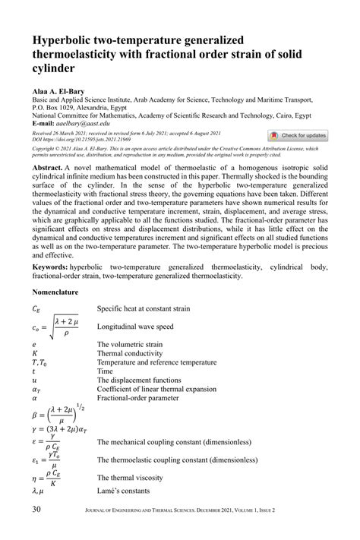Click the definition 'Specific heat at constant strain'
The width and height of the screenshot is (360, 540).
pos(165,309)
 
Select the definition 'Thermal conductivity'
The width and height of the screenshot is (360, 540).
pos(147,353)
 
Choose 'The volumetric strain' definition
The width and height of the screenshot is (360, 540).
pos(149,344)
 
